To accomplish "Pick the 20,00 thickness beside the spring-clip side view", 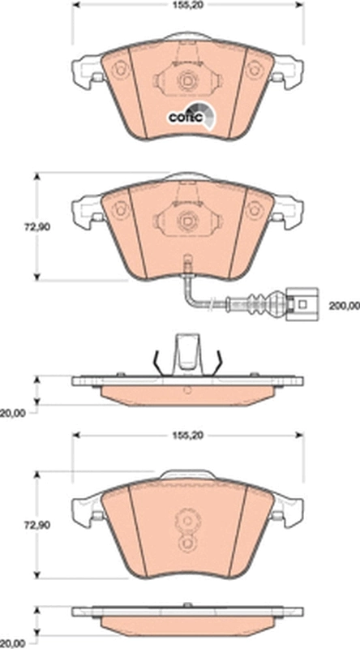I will pyautogui.click(x=12, y=413).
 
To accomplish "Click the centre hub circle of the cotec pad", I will pyautogui.click(x=187, y=81).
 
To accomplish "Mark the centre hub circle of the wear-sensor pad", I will pyautogui.click(x=187, y=219).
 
